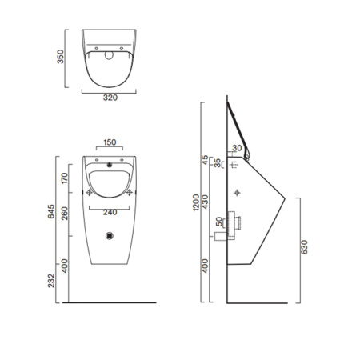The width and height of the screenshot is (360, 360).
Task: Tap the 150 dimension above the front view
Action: tap(110, 142)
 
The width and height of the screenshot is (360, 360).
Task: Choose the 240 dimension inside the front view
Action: tap(110, 212)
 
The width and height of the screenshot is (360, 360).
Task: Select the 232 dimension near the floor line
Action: tap(52, 282)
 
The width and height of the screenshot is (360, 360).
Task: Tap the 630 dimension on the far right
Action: tap(304, 249)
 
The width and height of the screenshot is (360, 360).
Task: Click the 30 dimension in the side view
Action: tap(238, 148)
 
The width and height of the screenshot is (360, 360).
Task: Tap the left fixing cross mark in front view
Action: tap(90, 192)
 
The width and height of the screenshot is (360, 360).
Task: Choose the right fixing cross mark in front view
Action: tap(130, 192)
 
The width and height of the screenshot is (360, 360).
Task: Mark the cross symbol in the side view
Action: tap(238, 192)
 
